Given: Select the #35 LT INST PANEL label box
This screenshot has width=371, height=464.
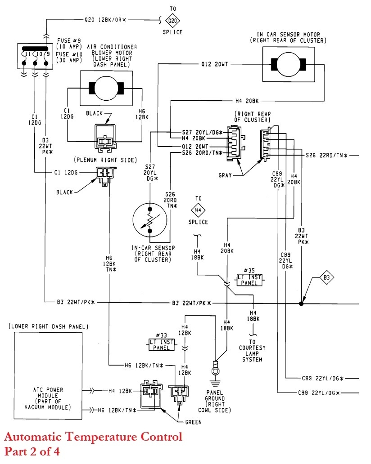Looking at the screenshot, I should point(249,280).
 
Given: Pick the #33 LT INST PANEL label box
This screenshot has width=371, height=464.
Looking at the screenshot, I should point(161,344).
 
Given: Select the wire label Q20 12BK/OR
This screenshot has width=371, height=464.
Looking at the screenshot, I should point(104,20).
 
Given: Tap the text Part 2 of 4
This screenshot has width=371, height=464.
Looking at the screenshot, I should point(32,451).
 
